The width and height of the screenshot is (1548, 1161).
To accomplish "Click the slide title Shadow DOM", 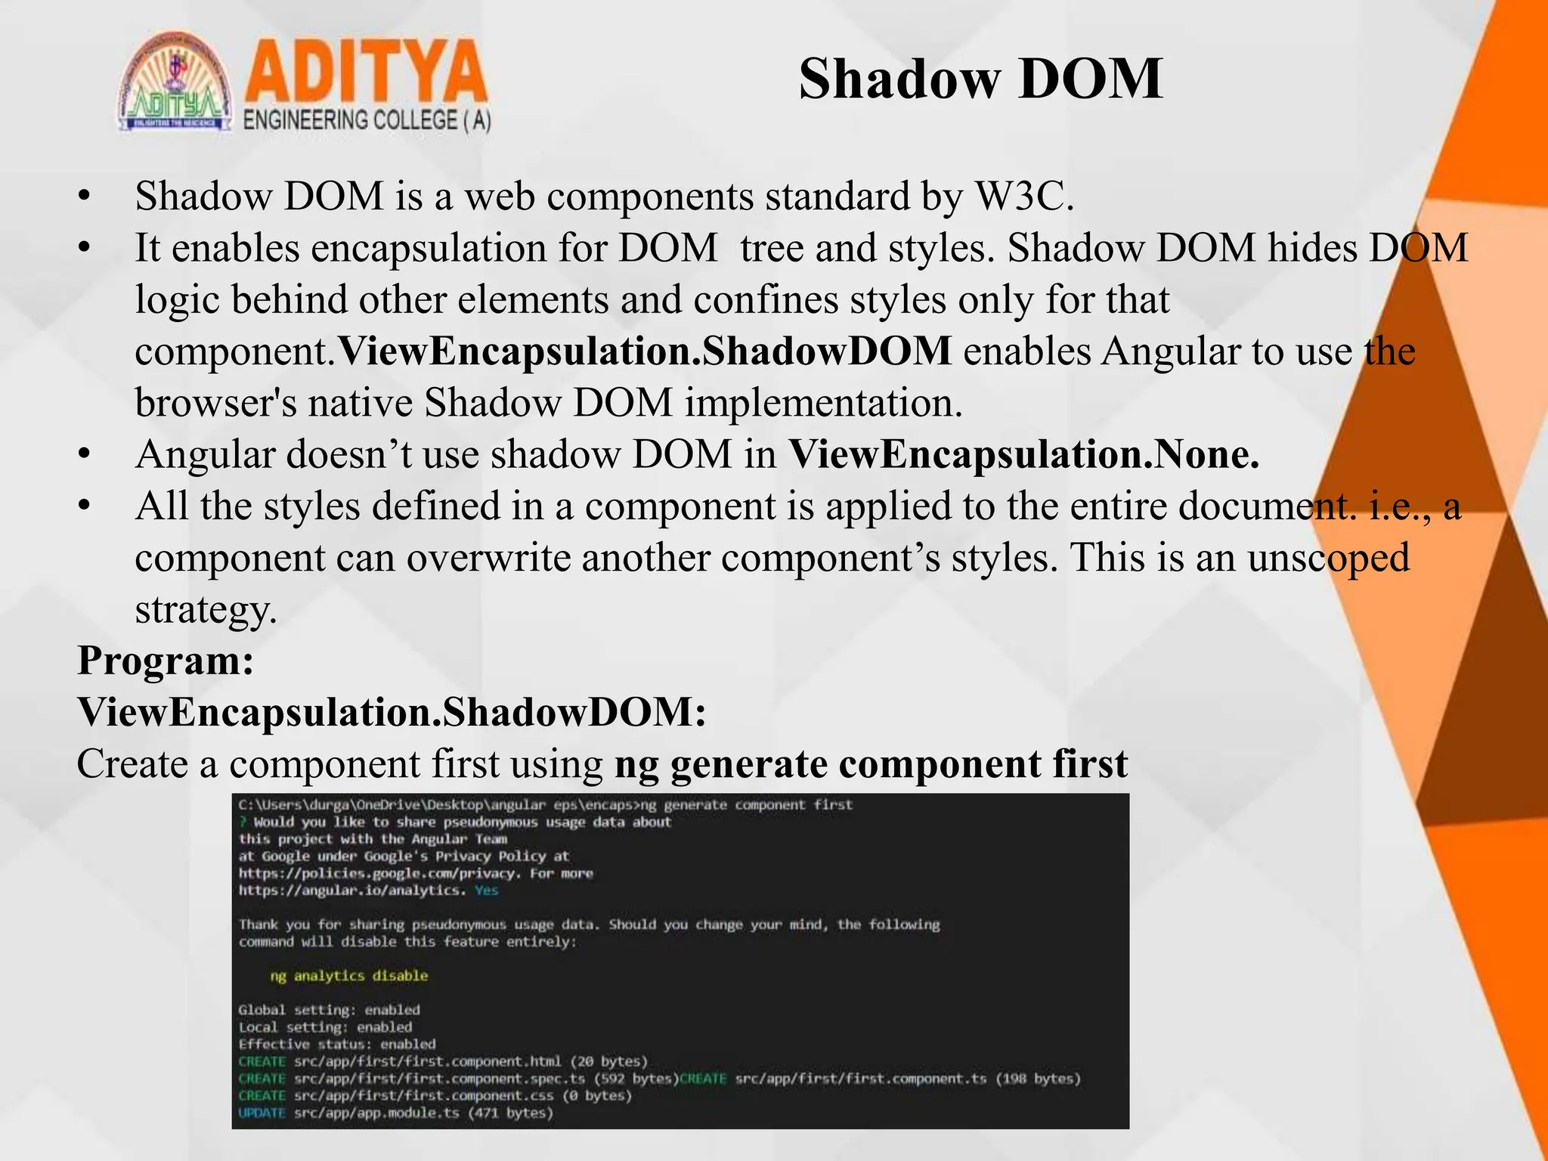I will click(980, 79).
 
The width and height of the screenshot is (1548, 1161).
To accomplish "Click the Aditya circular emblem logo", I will click(175, 83).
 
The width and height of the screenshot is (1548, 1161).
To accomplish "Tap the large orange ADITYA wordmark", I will click(366, 73).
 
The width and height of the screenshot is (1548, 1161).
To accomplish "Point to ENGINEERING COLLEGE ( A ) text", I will click(367, 121).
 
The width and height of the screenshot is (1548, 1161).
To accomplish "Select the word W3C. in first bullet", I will click(1024, 197).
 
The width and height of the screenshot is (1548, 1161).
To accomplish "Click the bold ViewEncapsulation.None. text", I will click(1023, 455).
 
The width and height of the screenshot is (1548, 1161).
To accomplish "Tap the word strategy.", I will click(206, 609).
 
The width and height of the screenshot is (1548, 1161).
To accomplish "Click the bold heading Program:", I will click(166, 661).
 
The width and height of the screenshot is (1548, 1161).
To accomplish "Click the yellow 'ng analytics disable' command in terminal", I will click(348, 976).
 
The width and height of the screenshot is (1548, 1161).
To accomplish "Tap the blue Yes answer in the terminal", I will click(486, 890).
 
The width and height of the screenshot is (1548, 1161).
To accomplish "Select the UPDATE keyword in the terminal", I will click(262, 1113).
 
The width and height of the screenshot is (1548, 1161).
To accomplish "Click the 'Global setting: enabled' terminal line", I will click(329, 1010).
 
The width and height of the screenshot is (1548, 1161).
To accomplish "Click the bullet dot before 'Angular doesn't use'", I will click(85, 455).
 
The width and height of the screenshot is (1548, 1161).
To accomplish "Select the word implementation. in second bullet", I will click(823, 403).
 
